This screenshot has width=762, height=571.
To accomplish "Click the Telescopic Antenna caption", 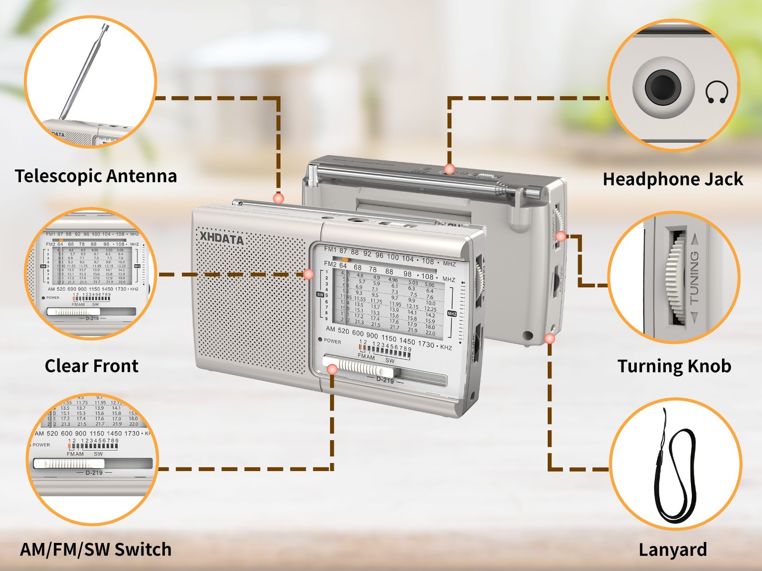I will tap(96, 176).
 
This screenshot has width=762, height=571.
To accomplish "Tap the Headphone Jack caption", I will tap(672, 179).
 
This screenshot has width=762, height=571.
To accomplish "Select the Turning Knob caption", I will tap(674, 366).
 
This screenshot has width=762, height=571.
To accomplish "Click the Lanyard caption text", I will tap(672, 550).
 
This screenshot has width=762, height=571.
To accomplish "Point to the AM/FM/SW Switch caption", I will tap(96, 549).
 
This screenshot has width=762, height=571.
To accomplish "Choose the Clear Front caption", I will tap(91, 366).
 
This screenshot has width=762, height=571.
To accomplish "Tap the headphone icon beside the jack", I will tap(716, 92).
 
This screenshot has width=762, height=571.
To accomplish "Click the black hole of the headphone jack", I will tap(662, 87).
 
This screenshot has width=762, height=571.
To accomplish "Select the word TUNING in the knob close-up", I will tap(694, 277).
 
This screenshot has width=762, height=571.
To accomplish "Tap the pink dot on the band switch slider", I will tap(332, 370).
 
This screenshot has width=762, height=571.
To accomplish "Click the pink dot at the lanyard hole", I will tap(550, 339).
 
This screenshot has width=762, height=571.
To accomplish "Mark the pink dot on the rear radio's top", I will tap(449, 169).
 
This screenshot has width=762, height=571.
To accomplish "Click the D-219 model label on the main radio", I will tap(385, 380).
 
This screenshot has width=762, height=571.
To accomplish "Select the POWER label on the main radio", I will tap(332, 341).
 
